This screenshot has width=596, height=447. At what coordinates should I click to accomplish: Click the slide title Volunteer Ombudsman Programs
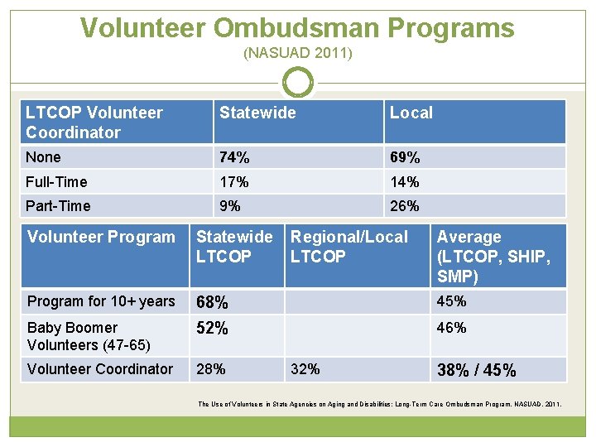(x=297, y=28)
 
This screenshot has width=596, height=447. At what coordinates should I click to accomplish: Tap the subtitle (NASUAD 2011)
(x=297, y=54)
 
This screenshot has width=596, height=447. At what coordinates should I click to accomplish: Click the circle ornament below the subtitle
(x=298, y=83)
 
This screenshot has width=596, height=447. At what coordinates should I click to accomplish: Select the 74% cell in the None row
(x=234, y=157)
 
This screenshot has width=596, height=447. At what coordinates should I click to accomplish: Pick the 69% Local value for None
(x=405, y=157)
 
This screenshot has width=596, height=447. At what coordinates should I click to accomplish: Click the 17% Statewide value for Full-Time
(x=234, y=182)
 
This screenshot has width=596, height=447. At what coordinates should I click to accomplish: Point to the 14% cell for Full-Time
(x=405, y=182)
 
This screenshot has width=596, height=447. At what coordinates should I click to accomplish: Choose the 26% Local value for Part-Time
(x=405, y=206)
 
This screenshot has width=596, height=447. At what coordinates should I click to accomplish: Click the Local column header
(x=411, y=113)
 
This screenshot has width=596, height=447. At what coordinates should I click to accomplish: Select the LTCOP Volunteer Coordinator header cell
(x=94, y=123)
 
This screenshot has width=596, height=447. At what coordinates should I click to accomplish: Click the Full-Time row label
(x=56, y=182)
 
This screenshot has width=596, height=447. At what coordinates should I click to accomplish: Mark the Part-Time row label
(x=58, y=206)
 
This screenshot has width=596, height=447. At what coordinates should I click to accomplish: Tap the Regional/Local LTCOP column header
(x=348, y=247)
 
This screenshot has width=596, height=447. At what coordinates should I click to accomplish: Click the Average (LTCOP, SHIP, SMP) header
(x=493, y=257)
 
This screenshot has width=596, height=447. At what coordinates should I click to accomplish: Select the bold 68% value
(x=213, y=303)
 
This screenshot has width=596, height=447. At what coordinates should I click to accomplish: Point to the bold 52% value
(x=213, y=329)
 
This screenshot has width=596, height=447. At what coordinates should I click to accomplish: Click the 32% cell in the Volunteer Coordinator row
(x=305, y=369)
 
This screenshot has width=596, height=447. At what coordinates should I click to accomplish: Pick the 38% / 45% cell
(x=476, y=371)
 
